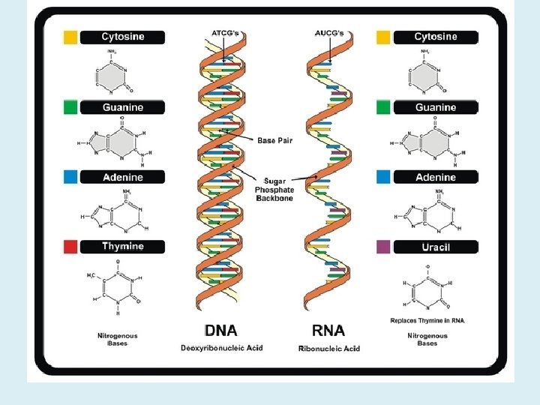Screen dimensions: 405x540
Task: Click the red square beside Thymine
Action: click(x=70, y=247)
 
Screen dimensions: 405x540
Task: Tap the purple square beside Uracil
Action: click(x=383, y=247)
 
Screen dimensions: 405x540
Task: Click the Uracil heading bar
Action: click(x=435, y=247)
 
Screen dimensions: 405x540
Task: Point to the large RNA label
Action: click(x=330, y=331)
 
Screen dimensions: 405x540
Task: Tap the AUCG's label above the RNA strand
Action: click(x=328, y=34)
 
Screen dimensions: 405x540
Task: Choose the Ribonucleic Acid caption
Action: click(x=329, y=348)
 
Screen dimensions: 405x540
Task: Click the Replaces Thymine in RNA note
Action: click(x=427, y=320)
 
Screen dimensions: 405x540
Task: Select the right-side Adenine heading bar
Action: click(x=435, y=178)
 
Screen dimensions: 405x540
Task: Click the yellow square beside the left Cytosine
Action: click(x=70, y=37)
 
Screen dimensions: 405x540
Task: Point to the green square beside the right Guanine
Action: click(x=383, y=107)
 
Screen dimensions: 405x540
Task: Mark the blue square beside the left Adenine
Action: click(x=70, y=178)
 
